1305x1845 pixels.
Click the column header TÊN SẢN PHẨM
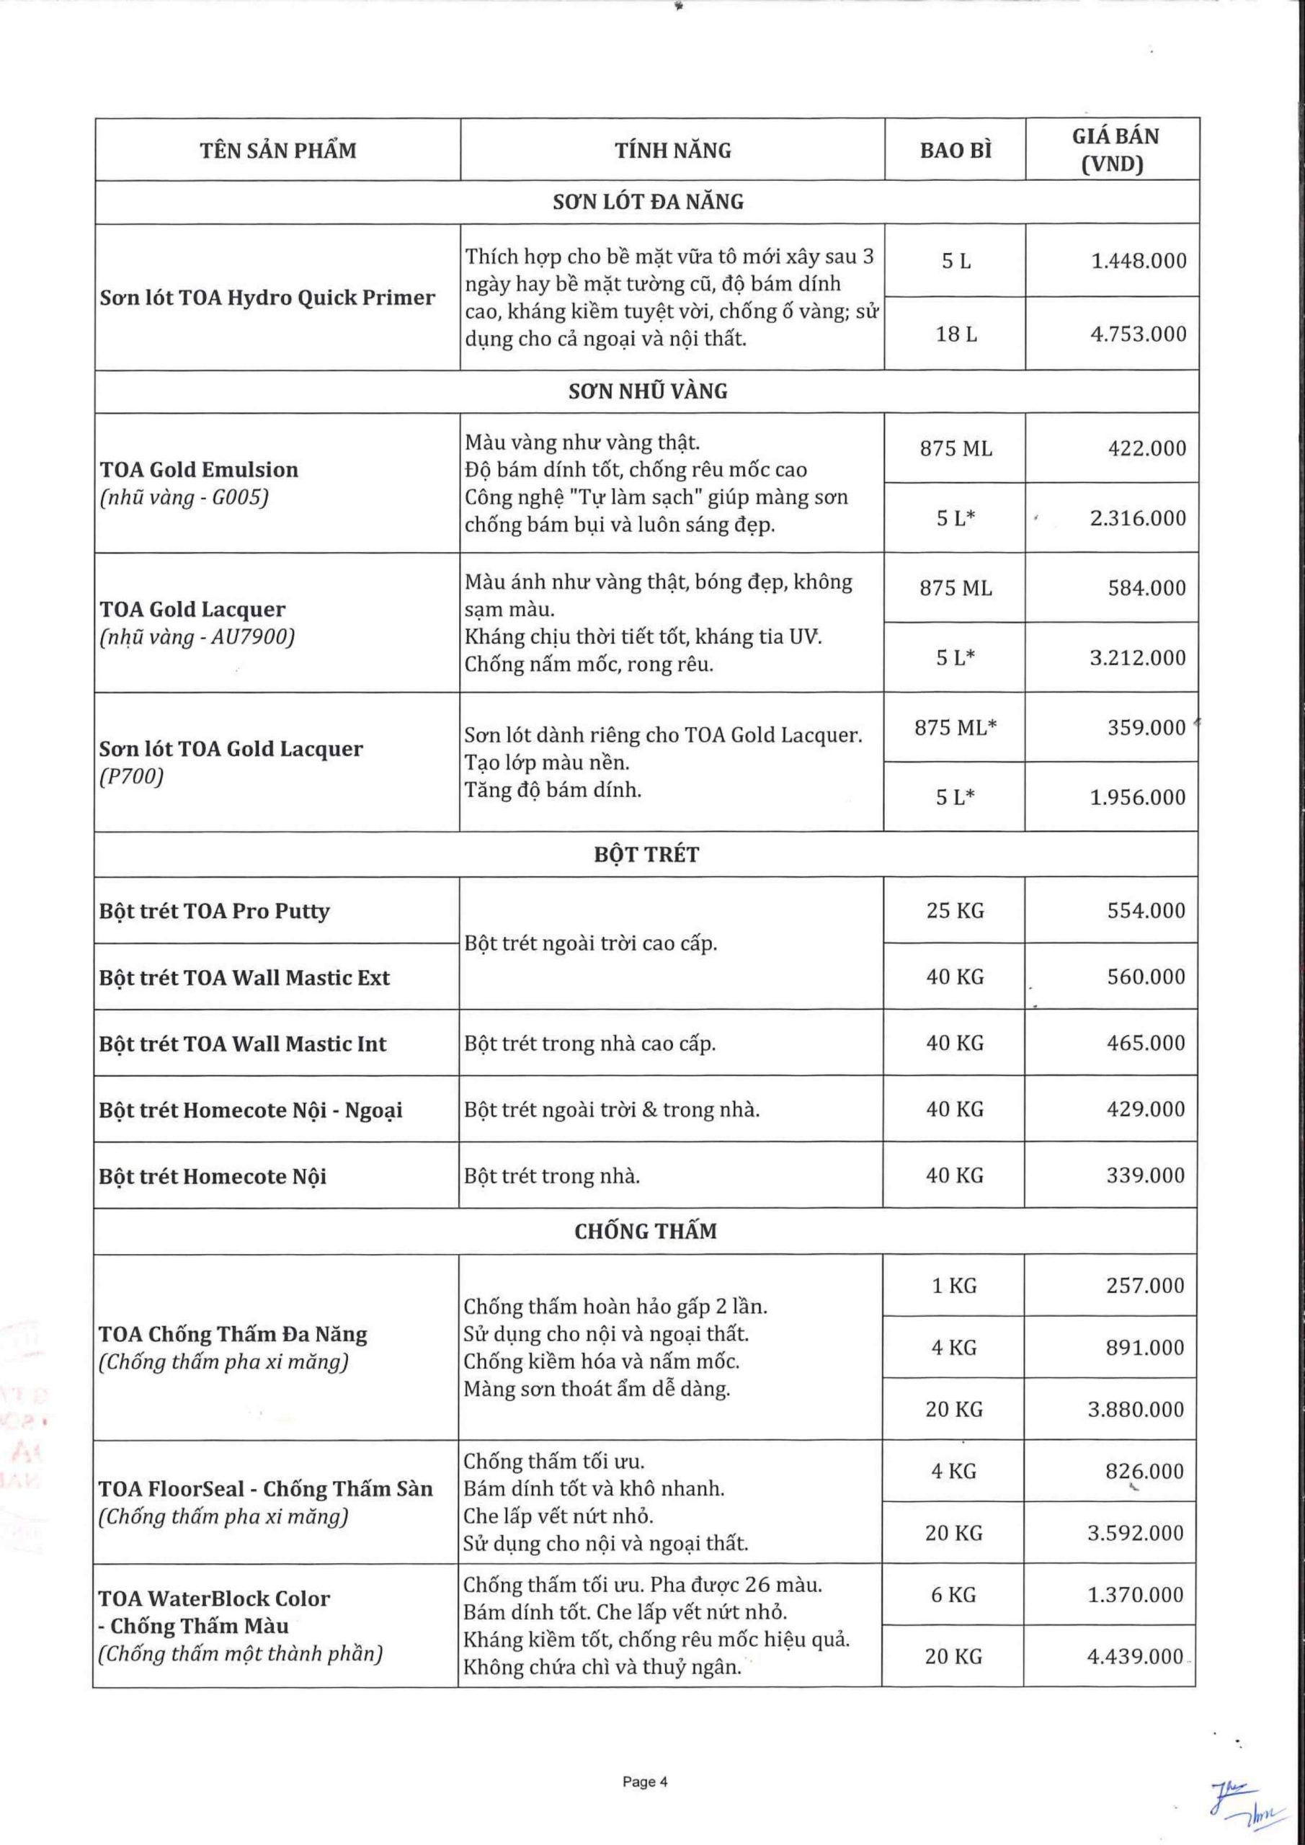point(278,151)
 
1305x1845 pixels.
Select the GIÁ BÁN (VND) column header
point(1115,151)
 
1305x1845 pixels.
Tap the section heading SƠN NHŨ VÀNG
point(648,391)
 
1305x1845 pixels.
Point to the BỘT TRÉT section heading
point(647,854)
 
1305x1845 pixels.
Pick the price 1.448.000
point(1138,260)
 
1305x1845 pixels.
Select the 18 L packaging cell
point(956,334)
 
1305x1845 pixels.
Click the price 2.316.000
point(1137,517)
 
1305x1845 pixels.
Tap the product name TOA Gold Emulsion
point(198,469)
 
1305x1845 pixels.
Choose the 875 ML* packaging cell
point(955,727)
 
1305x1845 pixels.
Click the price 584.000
point(1146,587)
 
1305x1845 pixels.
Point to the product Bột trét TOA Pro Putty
point(215,910)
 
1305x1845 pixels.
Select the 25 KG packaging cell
point(955,910)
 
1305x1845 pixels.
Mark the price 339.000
point(1146,1175)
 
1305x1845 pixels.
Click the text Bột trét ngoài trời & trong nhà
point(612,1109)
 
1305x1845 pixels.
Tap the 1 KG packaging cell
point(954,1285)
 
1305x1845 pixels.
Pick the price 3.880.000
point(1136,1409)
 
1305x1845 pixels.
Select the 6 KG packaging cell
point(954,1594)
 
